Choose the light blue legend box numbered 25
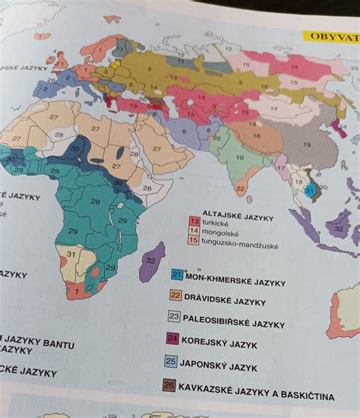click(x=172, y=361)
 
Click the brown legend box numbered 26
click(x=169, y=385)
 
